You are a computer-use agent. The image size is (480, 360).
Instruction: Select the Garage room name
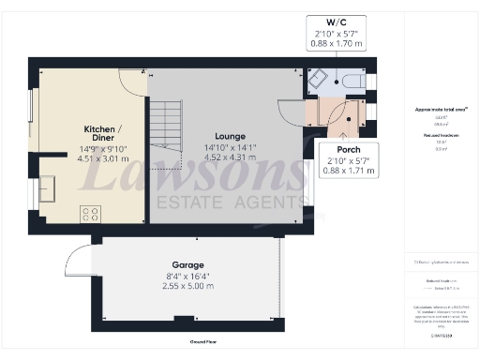point(188,265)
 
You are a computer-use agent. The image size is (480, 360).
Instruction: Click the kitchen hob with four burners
point(91,213)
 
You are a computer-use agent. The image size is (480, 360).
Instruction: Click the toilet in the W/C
point(351,82)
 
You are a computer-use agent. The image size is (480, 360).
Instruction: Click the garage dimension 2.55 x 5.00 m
point(188,287)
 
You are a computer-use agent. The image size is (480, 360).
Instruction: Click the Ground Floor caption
point(204,342)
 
